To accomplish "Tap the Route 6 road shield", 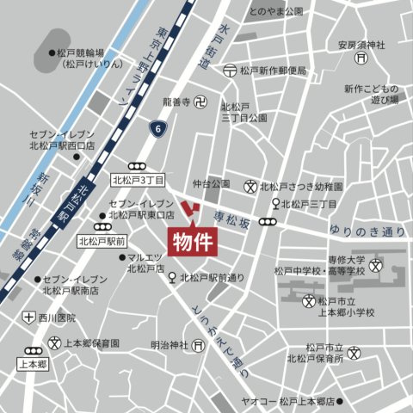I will point(158,128).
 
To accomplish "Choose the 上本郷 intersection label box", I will point(34,364).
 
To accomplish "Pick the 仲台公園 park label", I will point(211,184).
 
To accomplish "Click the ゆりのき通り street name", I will point(367,231).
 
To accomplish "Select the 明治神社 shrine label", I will point(170,345).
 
